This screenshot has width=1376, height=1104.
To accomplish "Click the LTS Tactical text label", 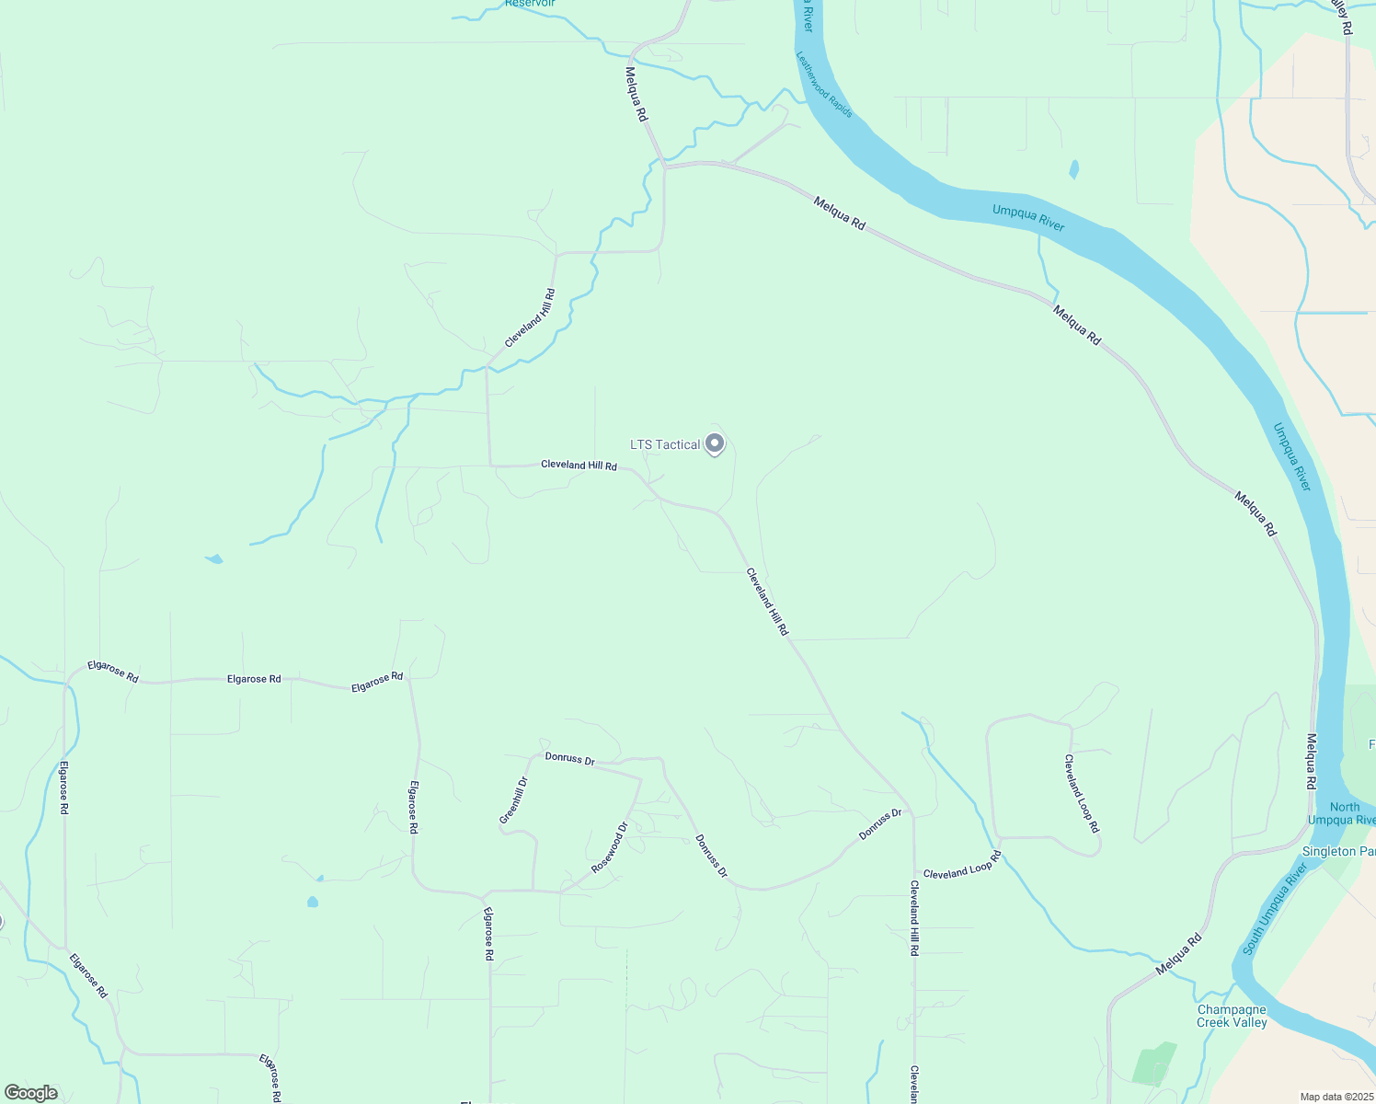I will click(x=664, y=445).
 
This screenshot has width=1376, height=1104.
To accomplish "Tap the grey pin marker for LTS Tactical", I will click(x=715, y=443).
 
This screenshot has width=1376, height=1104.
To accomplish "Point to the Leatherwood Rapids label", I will click(x=824, y=85).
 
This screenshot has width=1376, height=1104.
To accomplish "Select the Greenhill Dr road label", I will click(x=513, y=800).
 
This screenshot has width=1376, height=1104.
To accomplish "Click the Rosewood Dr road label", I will click(x=609, y=847).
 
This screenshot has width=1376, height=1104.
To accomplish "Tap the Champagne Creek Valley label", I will click(x=1232, y=1016).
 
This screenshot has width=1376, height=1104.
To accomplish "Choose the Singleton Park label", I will click(x=1338, y=851).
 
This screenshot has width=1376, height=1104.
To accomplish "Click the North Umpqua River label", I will click(x=1341, y=813).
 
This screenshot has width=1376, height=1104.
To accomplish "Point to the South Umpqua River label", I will click(x=1275, y=909).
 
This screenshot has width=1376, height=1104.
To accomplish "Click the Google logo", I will click(x=31, y=1093).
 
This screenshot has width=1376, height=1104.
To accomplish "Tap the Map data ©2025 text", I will click(x=1336, y=1097).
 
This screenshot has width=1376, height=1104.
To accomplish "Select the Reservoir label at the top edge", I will click(x=530, y=4).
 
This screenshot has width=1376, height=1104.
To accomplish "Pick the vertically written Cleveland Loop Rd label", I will click(x=1082, y=794).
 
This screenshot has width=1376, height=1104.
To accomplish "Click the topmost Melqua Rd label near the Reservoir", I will click(x=636, y=94).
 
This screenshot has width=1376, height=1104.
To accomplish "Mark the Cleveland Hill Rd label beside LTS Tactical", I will click(x=579, y=465).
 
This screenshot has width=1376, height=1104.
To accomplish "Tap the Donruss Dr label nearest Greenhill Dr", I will click(x=569, y=759).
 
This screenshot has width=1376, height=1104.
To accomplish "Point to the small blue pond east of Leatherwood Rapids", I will click(x=1073, y=170).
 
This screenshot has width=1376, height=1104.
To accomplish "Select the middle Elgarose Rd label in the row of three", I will click(x=254, y=679).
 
